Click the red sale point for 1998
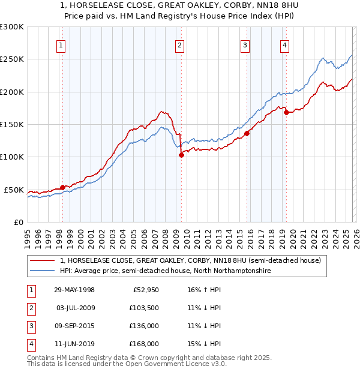coord(62,187)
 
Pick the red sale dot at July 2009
coord(181,155)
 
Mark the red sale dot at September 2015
coord(247,133)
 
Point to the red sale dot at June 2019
coord(286,112)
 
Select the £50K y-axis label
coord(14,190)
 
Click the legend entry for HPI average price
coord(165,271)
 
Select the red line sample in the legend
coord(42,261)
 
